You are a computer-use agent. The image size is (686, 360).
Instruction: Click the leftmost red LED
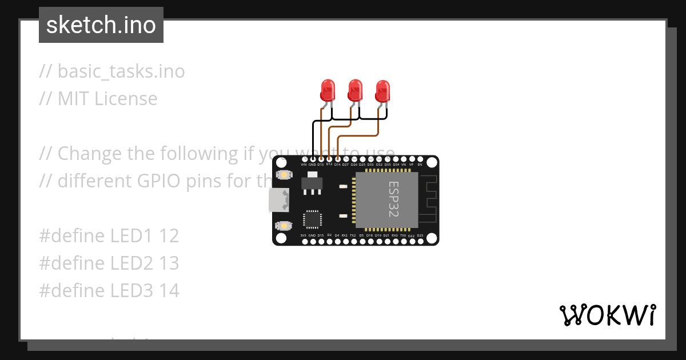(x=328, y=91)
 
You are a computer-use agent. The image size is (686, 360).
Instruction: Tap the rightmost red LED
(x=382, y=91)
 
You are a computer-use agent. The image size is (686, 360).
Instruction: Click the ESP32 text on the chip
(x=394, y=199)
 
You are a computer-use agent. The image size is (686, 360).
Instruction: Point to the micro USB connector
(x=280, y=200)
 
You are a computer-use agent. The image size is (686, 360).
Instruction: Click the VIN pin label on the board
(x=304, y=165)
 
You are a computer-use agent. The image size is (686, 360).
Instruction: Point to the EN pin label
(x=420, y=165)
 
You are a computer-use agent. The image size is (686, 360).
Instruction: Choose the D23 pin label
(x=420, y=235)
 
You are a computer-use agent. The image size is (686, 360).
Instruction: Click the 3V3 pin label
(x=304, y=235)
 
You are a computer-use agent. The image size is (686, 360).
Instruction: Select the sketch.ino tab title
(x=101, y=25)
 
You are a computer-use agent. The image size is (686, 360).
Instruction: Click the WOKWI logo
(x=607, y=315)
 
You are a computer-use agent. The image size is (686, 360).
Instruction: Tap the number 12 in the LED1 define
(x=169, y=235)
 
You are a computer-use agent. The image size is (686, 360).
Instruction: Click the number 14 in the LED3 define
(x=169, y=291)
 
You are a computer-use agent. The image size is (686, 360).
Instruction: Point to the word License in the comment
(x=126, y=98)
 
